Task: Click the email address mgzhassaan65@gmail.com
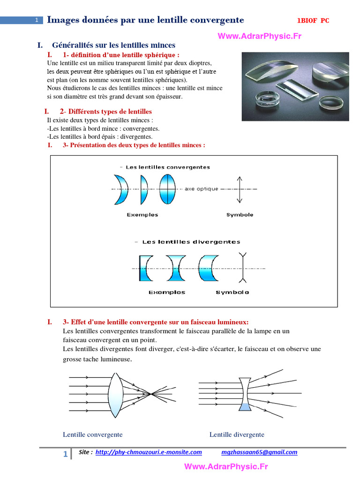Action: point(259,452)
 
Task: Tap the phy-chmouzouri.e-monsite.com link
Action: point(149,452)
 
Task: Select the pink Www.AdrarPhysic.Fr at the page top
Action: point(259,36)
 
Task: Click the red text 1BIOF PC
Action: point(313,21)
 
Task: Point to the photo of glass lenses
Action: point(295,86)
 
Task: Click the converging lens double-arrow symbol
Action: point(240,189)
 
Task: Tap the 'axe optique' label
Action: point(202,189)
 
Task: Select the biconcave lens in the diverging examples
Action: point(177,268)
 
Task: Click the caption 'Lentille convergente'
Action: point(93,435)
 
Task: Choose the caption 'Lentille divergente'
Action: point(237,435)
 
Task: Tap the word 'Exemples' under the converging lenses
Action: point(142,215)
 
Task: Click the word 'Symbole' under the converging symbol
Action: point(240,215)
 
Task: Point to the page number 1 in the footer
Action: point(65,454)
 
